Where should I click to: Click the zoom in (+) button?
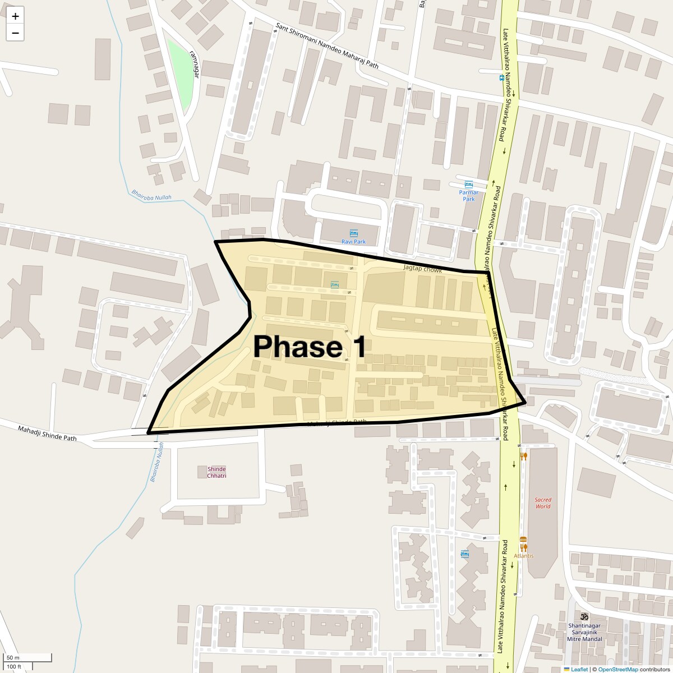click(15, 16)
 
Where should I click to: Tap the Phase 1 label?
click(310, 347)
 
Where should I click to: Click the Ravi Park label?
click(353, 242)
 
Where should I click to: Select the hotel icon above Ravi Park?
click(353, 233)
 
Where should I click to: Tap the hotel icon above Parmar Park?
click(468, 185)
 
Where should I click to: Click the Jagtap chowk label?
click(422, 269)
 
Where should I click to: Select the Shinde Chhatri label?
click(216, 472)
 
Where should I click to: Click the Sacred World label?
click(542, 503)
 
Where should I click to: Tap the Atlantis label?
click(524, 556)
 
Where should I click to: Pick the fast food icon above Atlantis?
click(524, 546)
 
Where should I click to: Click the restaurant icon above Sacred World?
click(524, 456)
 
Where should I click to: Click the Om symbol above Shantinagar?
click(584, 615)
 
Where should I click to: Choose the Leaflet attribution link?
click(579, 669)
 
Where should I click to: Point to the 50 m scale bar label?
click(13, 657)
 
